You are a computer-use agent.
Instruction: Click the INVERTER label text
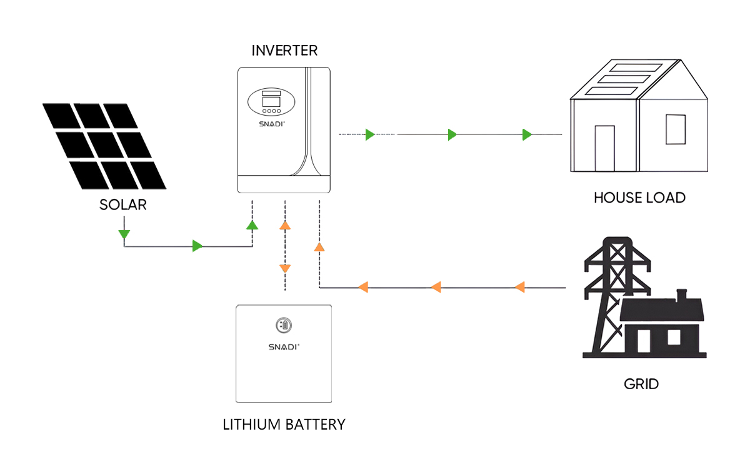[284, 51]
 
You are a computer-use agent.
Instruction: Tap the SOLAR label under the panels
[123, 204]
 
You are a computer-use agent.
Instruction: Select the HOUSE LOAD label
[639, 198]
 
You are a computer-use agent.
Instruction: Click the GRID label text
[641, 383]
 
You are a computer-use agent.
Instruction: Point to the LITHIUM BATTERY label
[284, 425]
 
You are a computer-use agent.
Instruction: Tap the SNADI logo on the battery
[283, 346]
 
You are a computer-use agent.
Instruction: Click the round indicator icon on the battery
[283, 325]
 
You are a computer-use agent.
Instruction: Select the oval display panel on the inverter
[271, 102]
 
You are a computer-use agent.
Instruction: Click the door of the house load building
[604, 148]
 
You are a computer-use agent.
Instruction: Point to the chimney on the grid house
[682, 294]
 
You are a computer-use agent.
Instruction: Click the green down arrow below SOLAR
[124, 234]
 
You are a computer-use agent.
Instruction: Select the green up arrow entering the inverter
[252, 225]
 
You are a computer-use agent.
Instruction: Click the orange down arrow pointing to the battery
[285, 268]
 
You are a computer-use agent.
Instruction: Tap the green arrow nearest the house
[527, 134]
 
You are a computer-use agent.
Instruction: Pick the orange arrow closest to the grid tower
[519, 288]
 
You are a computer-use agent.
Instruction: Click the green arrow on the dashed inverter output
[369, 134]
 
